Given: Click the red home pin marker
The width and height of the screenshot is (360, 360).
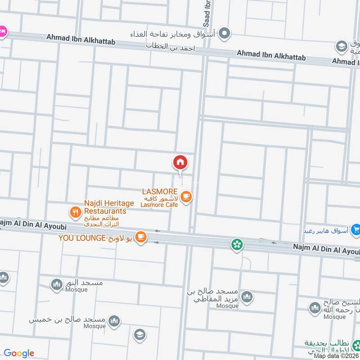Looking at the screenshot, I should tap(180, 162).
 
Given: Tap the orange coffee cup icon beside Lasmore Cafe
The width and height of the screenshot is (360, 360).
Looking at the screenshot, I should tap(186, 196).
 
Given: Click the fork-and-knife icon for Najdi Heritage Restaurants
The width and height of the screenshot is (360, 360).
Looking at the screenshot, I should tap(75, 211).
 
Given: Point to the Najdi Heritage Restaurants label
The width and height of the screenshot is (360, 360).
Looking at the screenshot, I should tap(105, 207).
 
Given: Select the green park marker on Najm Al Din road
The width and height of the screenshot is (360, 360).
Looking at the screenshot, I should tap(236, 244).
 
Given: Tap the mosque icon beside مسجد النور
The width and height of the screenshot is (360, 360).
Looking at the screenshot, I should tap(56, 284).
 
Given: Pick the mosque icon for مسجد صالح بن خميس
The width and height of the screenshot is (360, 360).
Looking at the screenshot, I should tap(114, 321).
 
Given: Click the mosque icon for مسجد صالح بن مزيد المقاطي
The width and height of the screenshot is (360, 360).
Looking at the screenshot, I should tap(247, 297).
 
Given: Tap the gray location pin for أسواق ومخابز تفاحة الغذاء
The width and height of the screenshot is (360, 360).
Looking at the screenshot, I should tap(225, 33).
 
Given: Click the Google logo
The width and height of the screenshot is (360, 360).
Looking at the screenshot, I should tap(18, 353).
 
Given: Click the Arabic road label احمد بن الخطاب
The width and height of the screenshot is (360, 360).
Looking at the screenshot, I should tap(171, 46).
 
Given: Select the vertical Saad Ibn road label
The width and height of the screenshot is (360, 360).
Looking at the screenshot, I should tap(207, 13).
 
